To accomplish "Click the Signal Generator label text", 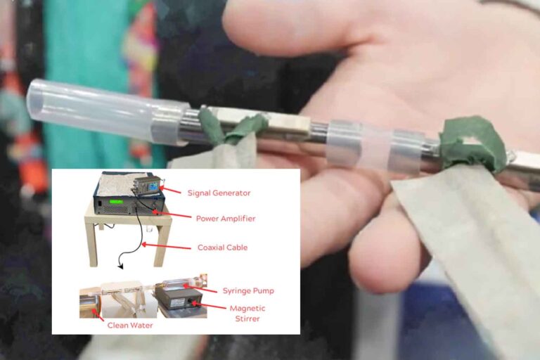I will [219, 193].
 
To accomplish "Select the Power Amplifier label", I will [226, 219].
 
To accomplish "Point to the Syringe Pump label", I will [247, 291].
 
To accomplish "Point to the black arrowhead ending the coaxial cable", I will [120, 266].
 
